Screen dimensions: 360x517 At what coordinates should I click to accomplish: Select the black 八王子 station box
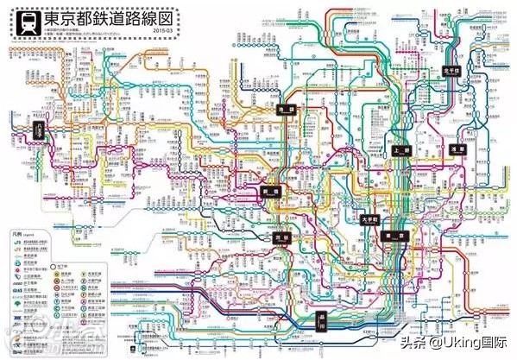(x=39, y=129)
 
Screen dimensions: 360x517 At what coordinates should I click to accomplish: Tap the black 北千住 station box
(x=451, y=71)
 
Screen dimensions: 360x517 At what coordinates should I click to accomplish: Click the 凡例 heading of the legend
(x=17, y=233)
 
